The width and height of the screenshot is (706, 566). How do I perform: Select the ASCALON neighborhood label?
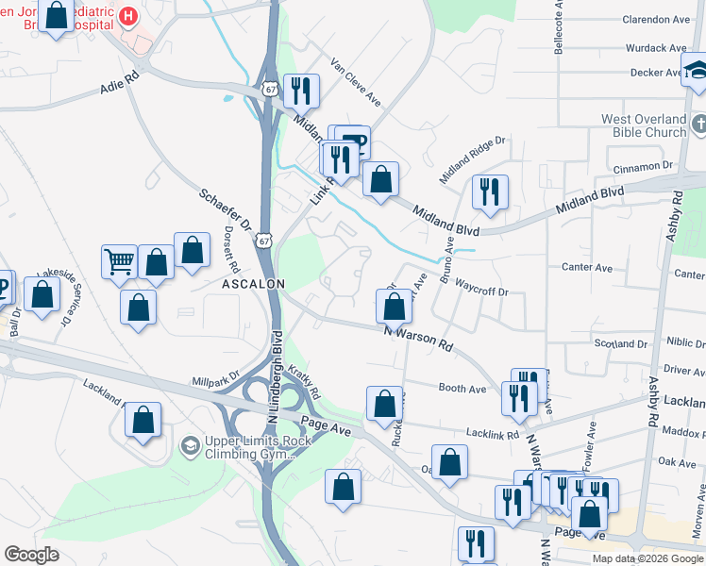coord(253,283)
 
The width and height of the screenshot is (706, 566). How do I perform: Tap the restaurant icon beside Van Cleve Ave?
coord(301,91)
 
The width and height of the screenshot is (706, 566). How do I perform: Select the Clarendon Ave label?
coord(657,19)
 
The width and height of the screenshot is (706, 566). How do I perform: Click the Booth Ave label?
coord(462,388)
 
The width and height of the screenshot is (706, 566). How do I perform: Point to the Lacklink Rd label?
coord(493,435)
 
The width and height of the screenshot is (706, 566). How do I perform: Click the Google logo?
coord(31,555)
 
